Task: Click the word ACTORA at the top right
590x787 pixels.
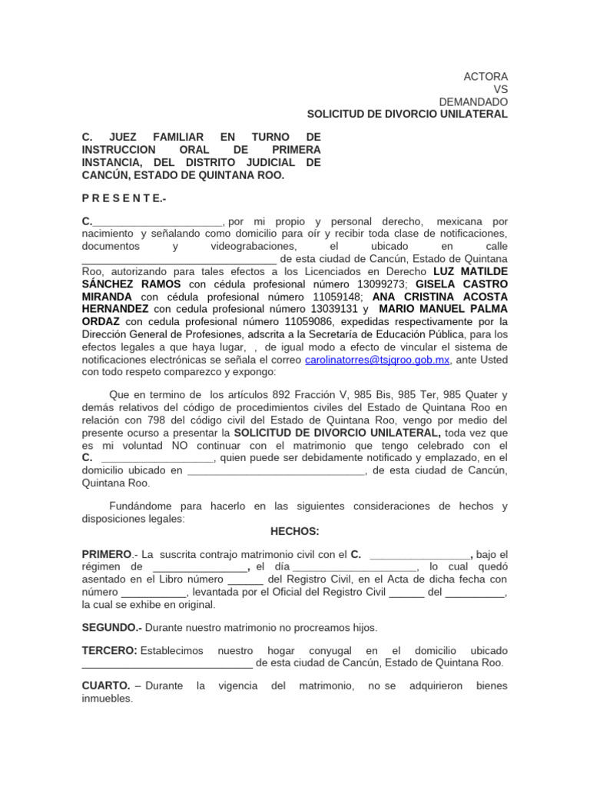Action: click(x=486, y=77)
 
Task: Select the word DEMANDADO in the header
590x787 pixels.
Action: click(x=473, y=101)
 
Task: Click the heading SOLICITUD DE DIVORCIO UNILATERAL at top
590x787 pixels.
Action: click(x=407, y=114)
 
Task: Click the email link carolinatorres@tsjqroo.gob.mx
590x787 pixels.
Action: click(x=377, y=359)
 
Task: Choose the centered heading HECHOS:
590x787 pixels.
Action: click(x=295, y=531)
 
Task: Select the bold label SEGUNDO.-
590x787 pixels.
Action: click(x=112, y=628)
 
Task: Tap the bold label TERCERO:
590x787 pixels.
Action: click(x=109, y=651)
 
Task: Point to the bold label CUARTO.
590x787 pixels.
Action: click(x=105, y=685)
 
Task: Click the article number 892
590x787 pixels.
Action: click(x=286, y=394)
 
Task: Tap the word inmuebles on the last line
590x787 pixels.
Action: click(x=107, y=699)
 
